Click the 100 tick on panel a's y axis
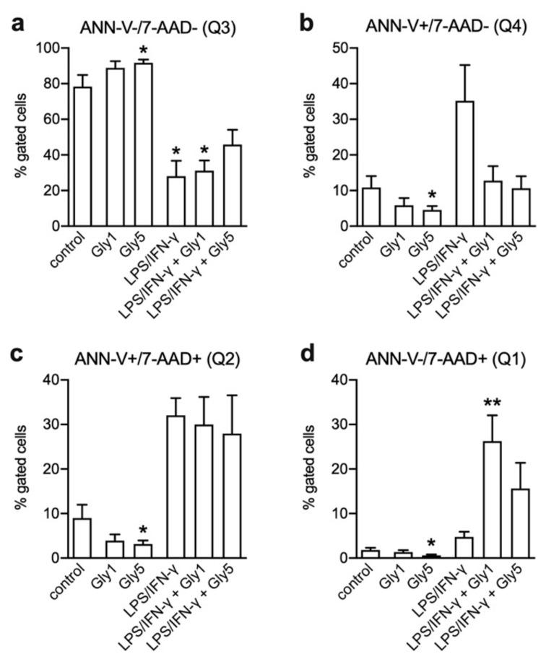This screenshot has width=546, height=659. [x=52, y=48]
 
